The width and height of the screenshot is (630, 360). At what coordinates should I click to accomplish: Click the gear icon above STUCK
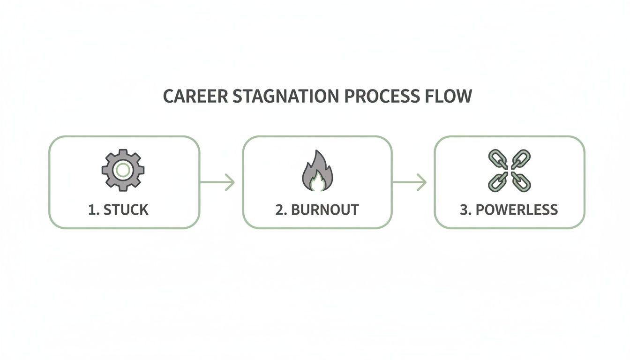tap(123, 170)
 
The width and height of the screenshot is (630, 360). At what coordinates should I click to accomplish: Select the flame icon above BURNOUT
tap(316, 171)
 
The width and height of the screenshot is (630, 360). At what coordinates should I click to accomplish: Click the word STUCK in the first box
tap(126, 210)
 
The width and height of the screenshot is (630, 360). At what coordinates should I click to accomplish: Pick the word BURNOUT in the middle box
tap(325, 210)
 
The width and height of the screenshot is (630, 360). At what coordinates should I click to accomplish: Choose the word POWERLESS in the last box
tap(517, 210)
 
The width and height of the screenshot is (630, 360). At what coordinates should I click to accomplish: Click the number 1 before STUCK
tap(92, 210)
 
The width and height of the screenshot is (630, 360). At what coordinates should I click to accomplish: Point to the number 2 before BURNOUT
tap(280, 210)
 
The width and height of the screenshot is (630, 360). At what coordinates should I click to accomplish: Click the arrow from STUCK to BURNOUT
tap(217, 182)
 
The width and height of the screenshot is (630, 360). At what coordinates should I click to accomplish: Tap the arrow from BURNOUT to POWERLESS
tap(409, 182)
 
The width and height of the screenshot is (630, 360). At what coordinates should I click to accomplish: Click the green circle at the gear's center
tap(123, 170)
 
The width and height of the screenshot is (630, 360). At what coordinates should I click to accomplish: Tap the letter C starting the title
tap(167, 96)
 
